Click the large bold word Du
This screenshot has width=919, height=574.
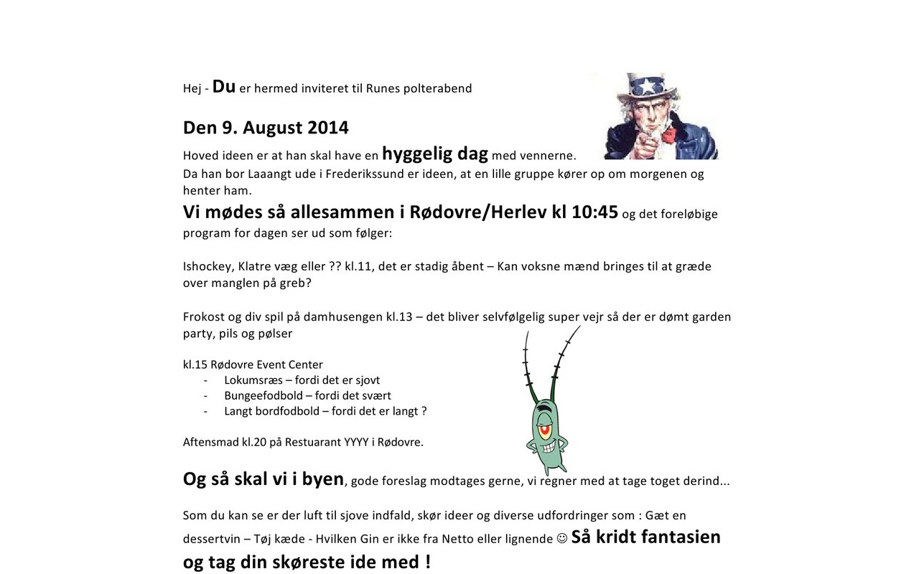coord(224,87)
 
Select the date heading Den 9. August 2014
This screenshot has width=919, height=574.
coord(266,128)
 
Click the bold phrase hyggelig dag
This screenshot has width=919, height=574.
coord(435,154)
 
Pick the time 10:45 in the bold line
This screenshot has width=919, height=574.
coord(594,212)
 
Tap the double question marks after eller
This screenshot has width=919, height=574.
coord(334,266)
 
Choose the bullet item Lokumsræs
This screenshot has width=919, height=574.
coord(253,380)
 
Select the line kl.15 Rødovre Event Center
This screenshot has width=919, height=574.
coord(253,364)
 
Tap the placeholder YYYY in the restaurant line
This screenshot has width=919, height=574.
coord(355,442)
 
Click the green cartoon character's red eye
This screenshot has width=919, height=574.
coord(546,430)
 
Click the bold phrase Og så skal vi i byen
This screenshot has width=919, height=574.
coord(263,479)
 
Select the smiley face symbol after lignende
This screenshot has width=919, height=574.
coord(562,538)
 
